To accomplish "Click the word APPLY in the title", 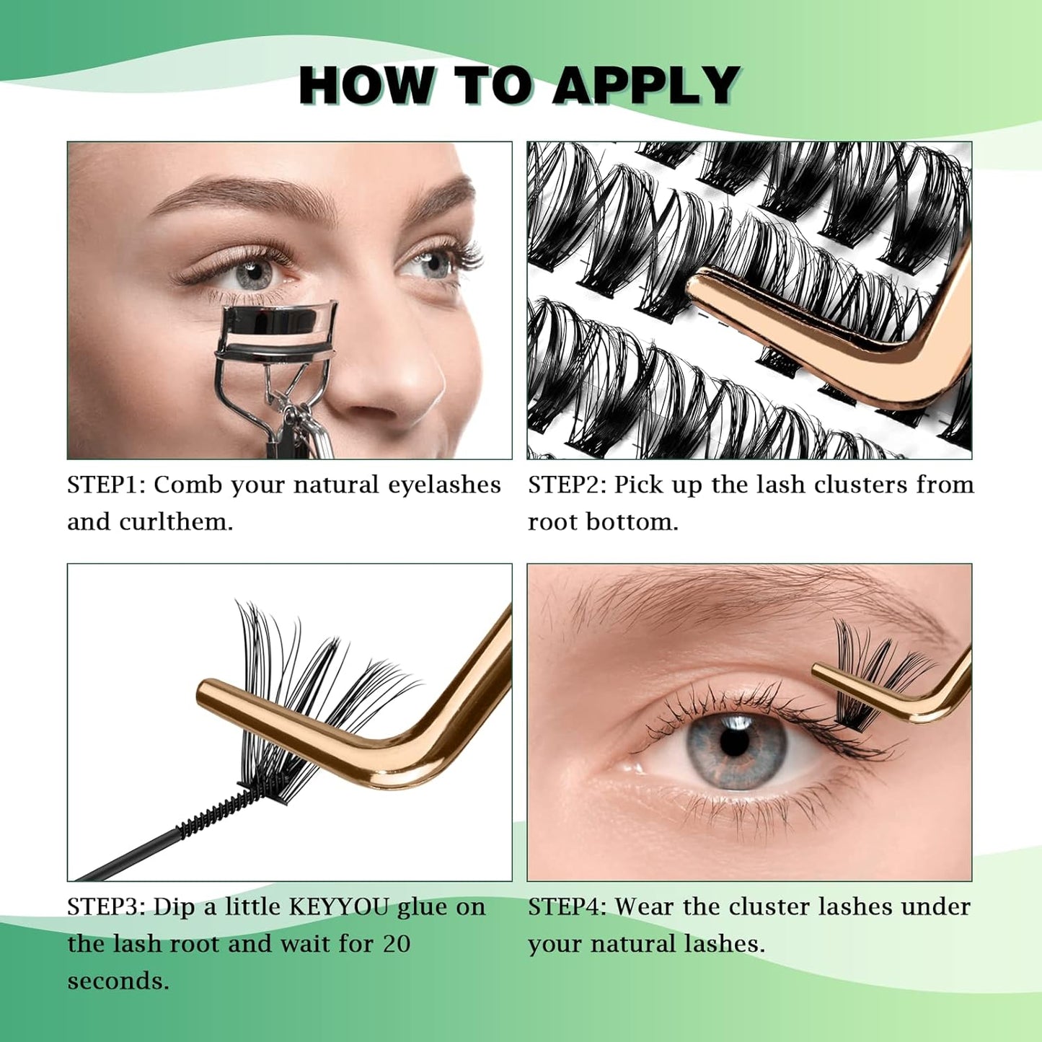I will pos(647,86).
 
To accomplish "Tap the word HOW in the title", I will pos(367,86).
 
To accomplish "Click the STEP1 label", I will pos(107,485).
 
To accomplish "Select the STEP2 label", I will pos(568,485).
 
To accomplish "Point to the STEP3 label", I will pos(107,906).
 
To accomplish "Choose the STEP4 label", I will pos(568,906).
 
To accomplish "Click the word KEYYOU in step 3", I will pos(339,906).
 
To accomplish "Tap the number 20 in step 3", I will pos(397,944).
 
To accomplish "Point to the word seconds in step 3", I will pos(118,981).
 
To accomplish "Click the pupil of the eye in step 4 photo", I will pos(735,742).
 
